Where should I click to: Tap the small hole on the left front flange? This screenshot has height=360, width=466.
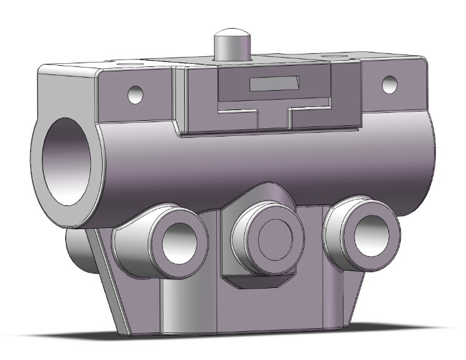point(136,95)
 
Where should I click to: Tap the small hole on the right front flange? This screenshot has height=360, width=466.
point(388,84)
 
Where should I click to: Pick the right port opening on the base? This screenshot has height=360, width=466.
point(365,232)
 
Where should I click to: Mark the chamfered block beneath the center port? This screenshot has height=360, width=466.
point(257,285)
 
